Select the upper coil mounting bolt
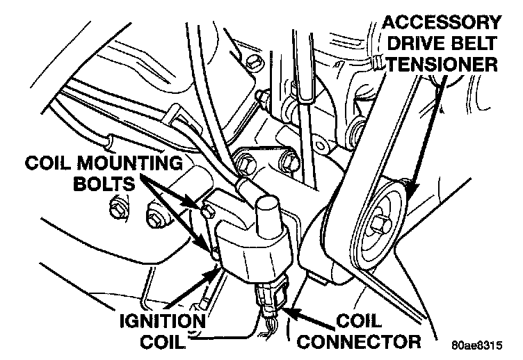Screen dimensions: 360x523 (x=207, y=208)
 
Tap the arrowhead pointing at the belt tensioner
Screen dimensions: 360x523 (x=410, y=190)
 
